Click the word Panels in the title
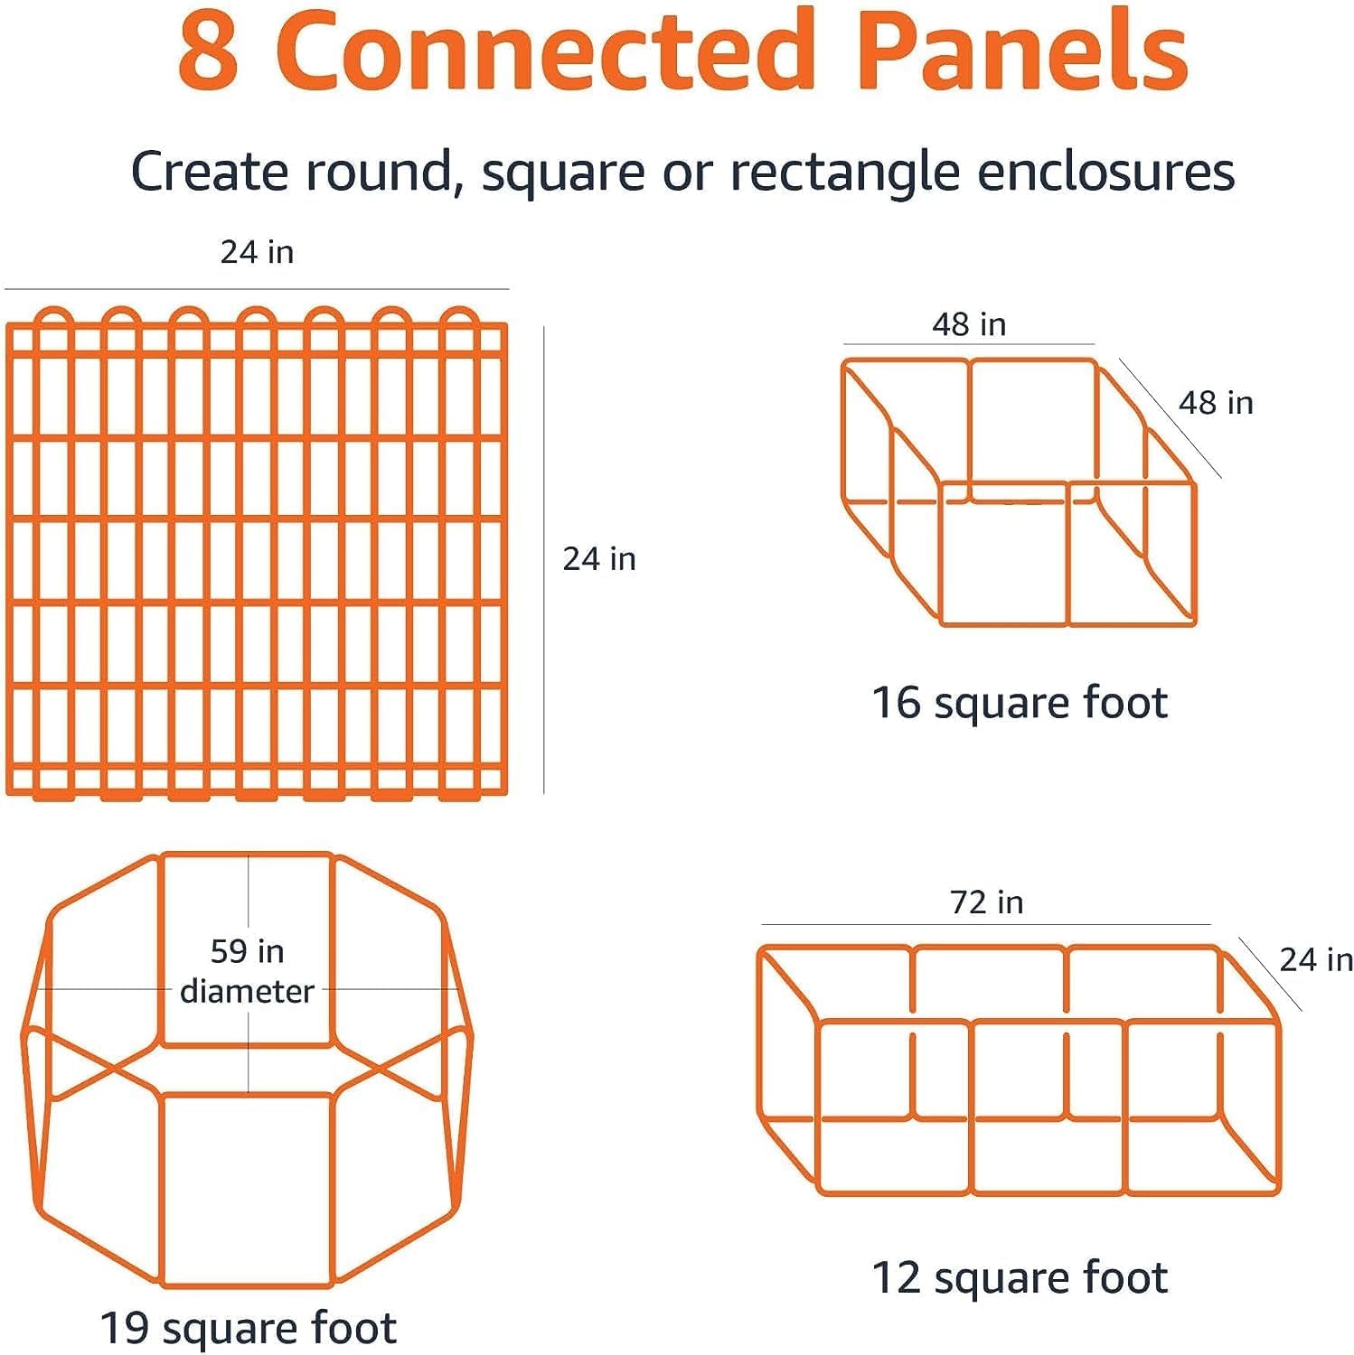coord(1022,51)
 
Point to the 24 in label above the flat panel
coord(257,252)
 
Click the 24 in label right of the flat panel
coord(599,559)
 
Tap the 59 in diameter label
coord(247,971)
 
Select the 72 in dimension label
coord(986,902)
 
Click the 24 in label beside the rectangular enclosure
coord(1316,959)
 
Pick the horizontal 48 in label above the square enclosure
coord(969,324)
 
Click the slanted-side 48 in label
coord(1216,403)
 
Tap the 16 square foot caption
coord(1019,703)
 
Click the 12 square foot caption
coord(1019,1278)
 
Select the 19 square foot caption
coord(248,1329)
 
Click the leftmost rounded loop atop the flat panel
coord(52,319)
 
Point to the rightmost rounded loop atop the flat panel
coord(459,319)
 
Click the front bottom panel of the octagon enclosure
coord(248,1189)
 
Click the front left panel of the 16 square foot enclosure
coord(1004,554)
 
